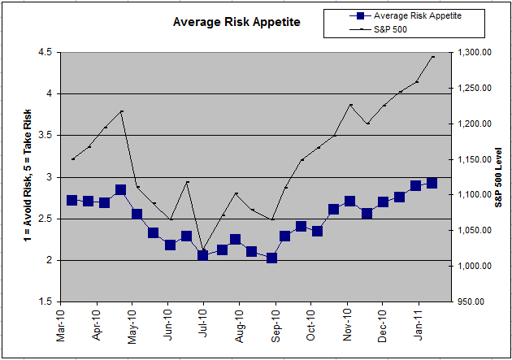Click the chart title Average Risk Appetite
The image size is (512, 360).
point(236,22)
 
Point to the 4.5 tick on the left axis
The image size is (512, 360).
point(43,52)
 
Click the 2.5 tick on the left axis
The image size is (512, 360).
point(43,219)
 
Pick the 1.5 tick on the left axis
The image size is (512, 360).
point(43,302)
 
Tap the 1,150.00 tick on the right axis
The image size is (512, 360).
point(475,159)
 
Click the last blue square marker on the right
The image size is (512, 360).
point(432,183)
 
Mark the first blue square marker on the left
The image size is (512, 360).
point(72,200)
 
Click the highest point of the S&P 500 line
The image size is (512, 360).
point(433,57)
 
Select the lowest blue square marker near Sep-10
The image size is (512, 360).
point(271,258)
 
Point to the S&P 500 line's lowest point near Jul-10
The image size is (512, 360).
point(203,250)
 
